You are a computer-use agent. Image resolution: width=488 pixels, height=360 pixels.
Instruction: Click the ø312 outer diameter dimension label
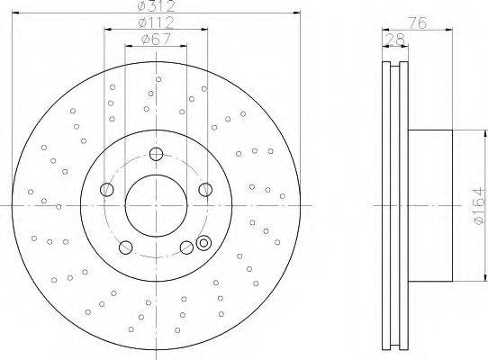(157, 6)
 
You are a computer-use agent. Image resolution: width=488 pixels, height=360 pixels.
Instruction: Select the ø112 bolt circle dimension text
(157, 22)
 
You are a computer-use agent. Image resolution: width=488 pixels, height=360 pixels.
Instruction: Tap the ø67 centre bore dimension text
(156, 40)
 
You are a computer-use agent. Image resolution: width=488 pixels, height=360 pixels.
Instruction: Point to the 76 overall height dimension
(417, 23)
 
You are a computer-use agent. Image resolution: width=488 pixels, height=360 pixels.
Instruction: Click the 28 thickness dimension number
(395, 40)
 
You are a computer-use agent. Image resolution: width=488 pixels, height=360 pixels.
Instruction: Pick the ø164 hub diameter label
(480, 205)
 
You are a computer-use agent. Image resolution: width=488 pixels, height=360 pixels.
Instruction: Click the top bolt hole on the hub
(156, 154)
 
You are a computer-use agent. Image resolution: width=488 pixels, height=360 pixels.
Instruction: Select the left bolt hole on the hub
(107, 189)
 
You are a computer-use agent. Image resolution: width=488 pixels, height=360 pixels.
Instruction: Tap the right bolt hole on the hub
(205, 190)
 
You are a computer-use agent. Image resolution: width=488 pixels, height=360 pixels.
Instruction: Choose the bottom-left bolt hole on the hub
(125, 247)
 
